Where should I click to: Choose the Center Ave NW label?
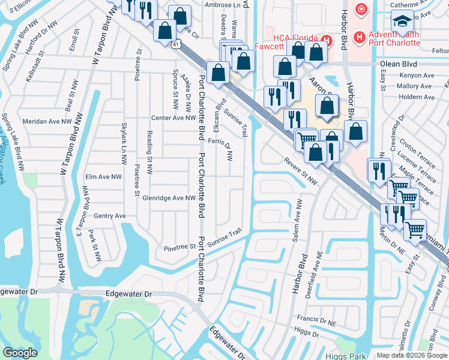(170, 118)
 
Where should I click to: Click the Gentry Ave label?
(110, 216)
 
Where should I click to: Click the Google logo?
(20, 353)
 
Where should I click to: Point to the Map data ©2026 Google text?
(411, 355)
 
